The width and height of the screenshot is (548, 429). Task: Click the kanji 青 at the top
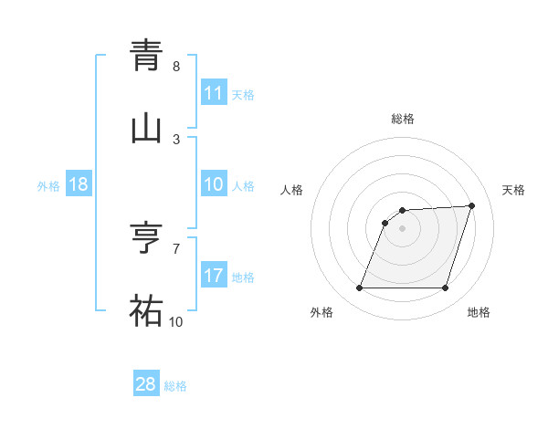(x=146, y=57)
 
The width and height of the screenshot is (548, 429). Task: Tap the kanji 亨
(x=146, y=239)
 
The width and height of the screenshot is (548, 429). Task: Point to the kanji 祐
(x=146, y=311)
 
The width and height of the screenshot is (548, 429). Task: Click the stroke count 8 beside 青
(x=176, y=67)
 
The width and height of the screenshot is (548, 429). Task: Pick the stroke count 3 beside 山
(x=176, y=139)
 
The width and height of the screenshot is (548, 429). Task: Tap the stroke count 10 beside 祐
(x=175, y=321)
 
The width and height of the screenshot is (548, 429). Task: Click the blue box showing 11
(x=214, y=93)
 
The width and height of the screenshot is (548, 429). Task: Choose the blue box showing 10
(x=214, y=184)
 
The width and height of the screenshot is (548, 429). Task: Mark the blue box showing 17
(x=214, y=275)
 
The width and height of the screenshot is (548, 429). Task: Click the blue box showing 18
(x=79, y=184)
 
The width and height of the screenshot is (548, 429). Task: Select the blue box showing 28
(x=146, y=384)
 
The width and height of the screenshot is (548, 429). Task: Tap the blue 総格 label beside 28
(x=175, y=386)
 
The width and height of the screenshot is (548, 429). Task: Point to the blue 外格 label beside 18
(x=48, y=185)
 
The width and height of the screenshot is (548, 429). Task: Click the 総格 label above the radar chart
(x=403, y=119)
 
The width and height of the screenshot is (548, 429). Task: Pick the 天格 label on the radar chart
(x=513, y=190)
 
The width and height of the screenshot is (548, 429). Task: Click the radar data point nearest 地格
(x=445, y=288)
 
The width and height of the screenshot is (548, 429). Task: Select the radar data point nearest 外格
(x=359, y=288)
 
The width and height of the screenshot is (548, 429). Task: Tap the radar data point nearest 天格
(x=472, y=205)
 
